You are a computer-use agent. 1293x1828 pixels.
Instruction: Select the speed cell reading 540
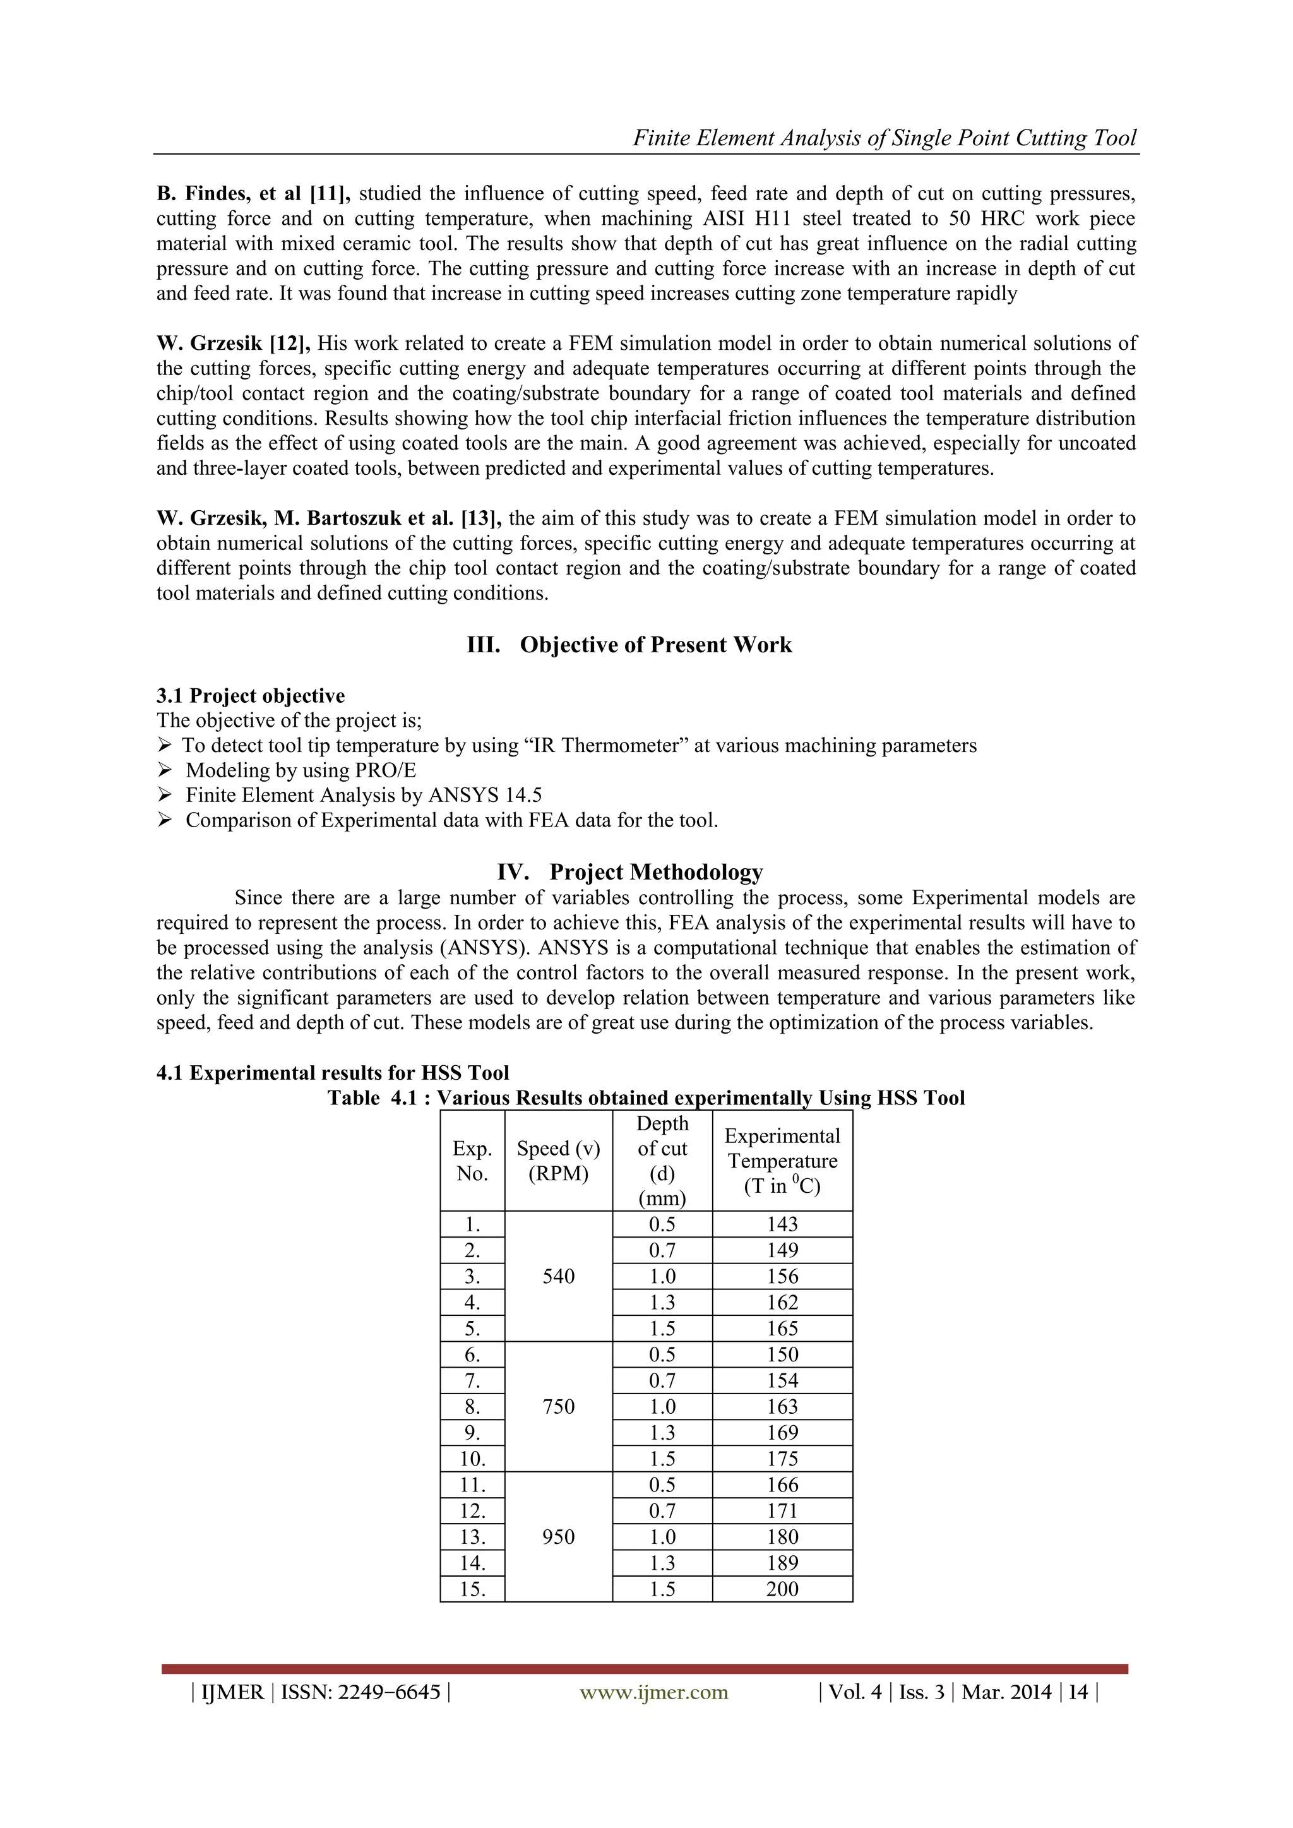[x=558, y=1276]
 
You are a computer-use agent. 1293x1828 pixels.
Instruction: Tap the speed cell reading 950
[x=558, y=1537]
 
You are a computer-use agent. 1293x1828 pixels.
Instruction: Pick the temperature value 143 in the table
[x=782, y=1224]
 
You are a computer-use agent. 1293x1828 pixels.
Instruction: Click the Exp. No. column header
[x=472, y=1160]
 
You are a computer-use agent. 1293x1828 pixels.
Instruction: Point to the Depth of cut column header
[x=662, y=1160]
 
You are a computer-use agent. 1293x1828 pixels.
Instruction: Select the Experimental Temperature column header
[x=782, y=1160]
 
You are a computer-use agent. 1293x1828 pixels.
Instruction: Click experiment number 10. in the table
[x=472, y=1459]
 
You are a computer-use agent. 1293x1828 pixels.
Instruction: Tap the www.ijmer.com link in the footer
[x=653, y=1692]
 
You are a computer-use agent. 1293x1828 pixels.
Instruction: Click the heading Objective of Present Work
[x=655, y=645]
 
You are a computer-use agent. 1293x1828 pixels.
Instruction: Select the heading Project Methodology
[x=655, y=872]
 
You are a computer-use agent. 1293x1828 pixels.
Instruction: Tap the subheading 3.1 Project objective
[x=250, y=695]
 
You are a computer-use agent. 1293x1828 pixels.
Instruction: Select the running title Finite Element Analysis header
[x=884, y=138]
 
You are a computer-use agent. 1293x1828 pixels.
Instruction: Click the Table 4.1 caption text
[x=646, y=1098]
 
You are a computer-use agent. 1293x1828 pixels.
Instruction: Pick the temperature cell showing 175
[x=782, y=1459]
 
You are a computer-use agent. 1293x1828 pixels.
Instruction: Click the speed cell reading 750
[x=558, y=1406]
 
